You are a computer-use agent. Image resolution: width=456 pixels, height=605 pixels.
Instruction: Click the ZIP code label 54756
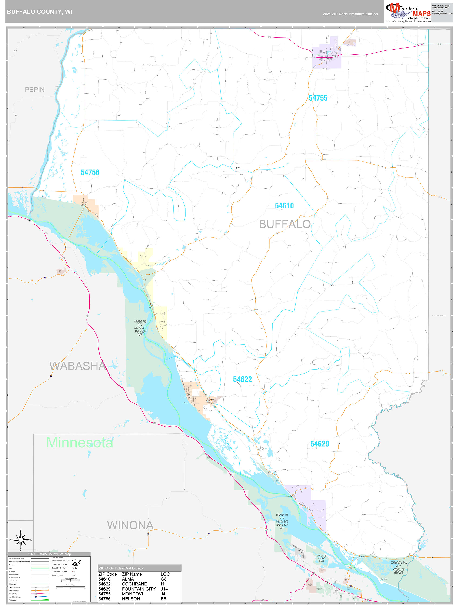[90, 173]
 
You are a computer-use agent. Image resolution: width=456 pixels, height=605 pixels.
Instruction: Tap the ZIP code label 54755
[318, 98]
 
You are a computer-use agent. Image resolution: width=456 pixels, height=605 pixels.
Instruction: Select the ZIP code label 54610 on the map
[284, 206]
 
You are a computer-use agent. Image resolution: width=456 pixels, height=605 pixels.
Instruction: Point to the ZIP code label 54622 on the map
[242, 379]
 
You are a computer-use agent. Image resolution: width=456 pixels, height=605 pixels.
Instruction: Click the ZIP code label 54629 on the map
[319, 444]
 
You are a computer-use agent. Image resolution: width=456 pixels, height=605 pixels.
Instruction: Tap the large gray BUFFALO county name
[284, 224]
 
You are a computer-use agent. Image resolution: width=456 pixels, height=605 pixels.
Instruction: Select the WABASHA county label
[78, 366]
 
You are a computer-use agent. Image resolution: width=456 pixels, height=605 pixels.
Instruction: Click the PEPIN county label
[35, 90]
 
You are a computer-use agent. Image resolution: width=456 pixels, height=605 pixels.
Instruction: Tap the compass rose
[20, 540]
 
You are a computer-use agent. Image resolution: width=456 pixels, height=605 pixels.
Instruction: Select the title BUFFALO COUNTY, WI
[40, 12]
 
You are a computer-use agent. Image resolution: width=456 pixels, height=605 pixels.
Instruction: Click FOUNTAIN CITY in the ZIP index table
[139, 589]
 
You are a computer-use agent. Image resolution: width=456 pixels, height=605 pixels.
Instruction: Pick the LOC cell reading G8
[163, 579]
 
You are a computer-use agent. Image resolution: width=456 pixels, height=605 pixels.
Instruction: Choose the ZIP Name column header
[132, 574]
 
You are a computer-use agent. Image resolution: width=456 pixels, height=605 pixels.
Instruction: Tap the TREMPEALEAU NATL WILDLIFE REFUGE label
[399, 568]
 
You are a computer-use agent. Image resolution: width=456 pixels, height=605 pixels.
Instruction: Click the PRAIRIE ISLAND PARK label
[322, 558]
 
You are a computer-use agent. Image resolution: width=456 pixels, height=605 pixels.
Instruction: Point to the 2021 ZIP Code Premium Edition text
[350, 14]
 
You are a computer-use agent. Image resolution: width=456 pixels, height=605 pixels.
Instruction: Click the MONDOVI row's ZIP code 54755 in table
[104, 594]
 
